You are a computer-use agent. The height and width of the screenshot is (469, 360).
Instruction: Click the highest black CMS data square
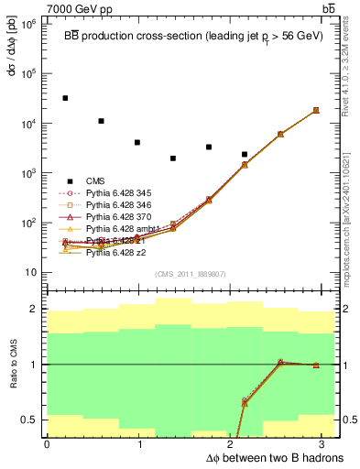(65, 98)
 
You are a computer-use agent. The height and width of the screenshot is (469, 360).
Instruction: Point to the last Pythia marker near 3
(316, 110)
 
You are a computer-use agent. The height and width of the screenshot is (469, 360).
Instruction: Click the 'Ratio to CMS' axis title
(12, 364)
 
